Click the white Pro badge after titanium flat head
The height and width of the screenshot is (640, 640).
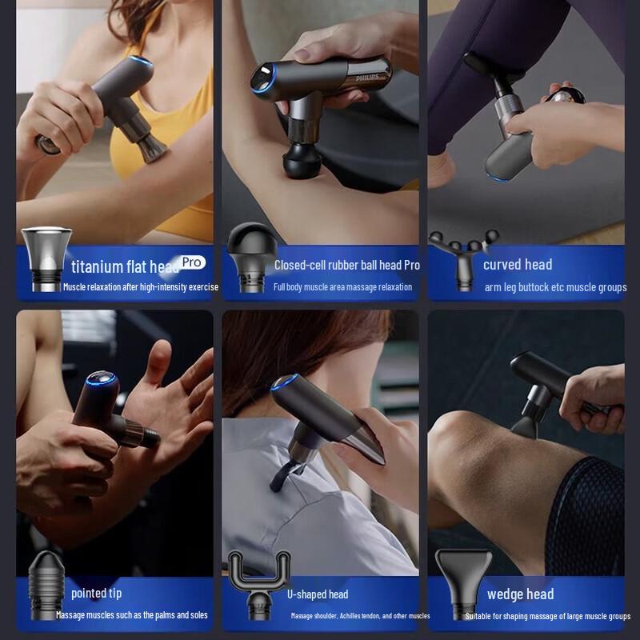coord(192,262)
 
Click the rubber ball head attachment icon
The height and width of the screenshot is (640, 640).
coord(250,256)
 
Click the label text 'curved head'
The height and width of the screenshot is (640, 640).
coord(517,265)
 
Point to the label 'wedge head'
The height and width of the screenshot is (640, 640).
coord(520,594)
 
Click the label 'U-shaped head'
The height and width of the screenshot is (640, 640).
coord(318,594)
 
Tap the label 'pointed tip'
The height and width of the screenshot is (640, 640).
coord(96,593)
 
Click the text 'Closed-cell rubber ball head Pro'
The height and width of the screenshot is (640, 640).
coord(346,265)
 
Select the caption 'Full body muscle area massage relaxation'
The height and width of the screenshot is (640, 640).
coord(342,287)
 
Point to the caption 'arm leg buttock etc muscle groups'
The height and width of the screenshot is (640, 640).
coord(555,287)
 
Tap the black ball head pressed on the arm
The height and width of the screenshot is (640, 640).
coord(302,157)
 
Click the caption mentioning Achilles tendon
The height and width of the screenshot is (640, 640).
coord(360,616)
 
